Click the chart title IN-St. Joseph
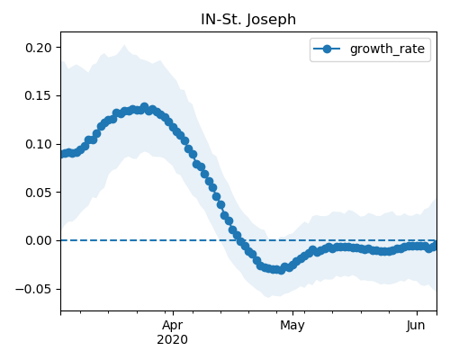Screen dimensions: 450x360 [248, 20]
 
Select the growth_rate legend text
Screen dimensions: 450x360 [387, 49]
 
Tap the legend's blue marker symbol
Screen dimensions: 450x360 [327, 49]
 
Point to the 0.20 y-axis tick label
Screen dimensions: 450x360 [39, 48]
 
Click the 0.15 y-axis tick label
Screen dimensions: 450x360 [39, 96]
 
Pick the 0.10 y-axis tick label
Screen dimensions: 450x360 [39, 144]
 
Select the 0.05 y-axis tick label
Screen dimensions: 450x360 [39, 193]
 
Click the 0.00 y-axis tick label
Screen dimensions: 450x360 [39, 240]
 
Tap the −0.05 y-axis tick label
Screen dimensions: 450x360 [34, 289]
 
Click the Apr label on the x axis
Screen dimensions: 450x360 [173, 326]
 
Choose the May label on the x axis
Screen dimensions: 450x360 [292, 326]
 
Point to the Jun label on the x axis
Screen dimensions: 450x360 [416, 326]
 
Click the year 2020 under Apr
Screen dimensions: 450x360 [173, 339]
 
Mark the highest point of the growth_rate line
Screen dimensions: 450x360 [145, 107]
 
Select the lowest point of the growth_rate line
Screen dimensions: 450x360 [281, 270]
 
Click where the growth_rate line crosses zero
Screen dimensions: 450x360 [239, 240]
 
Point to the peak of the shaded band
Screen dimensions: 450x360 [124, 45]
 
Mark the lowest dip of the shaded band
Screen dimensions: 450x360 [267, 297]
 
